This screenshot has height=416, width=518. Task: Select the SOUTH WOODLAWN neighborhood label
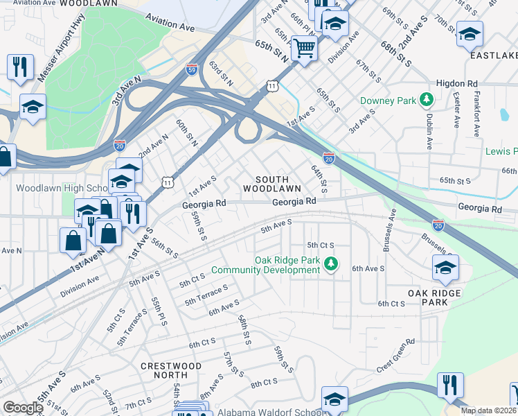(x=271, y=182)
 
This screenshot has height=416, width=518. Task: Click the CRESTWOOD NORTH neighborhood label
(x=171, y=370)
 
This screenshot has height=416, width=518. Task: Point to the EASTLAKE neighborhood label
(x=493, y=55)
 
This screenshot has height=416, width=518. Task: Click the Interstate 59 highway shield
(x=192, y=69)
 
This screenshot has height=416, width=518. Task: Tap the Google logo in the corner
(x=23, y=408)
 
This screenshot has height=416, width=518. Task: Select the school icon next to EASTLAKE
(x=470, y=34)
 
